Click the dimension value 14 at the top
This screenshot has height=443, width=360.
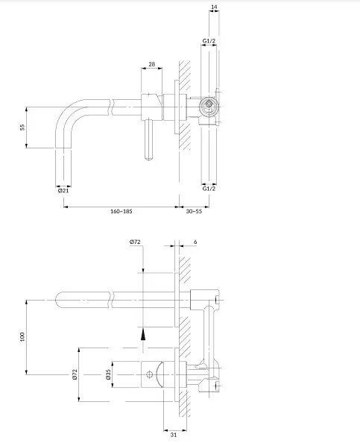click(x=214, y=7)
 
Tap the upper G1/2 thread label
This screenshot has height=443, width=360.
click(x=209, y=41)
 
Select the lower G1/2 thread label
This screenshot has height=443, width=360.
click(x=209, y=189)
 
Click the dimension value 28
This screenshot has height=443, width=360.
click(x=151, y=64)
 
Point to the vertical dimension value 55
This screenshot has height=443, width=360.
click(x=22, y=127)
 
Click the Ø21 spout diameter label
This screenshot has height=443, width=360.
click(x=63, y=190)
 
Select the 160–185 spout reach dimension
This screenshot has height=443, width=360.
click(x=121, y=211)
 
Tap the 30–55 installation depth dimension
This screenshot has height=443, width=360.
click(x=194, y=211)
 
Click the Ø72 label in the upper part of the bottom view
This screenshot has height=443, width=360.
click(x=135, y=242)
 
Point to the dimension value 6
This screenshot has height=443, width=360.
click(x=195, y=242)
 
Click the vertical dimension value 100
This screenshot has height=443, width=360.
click(x=22, y=337)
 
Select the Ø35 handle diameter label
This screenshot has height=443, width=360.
click(x=108, y=374)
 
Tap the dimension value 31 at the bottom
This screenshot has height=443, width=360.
click(x=174, y=435)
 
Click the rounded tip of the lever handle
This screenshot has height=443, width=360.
click(x=148, y=158)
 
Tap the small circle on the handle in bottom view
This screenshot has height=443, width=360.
click(x=150, y=374)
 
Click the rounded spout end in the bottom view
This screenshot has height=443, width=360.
click(x=57, y=300)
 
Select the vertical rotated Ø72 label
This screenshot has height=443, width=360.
click(x=75, y=374)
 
